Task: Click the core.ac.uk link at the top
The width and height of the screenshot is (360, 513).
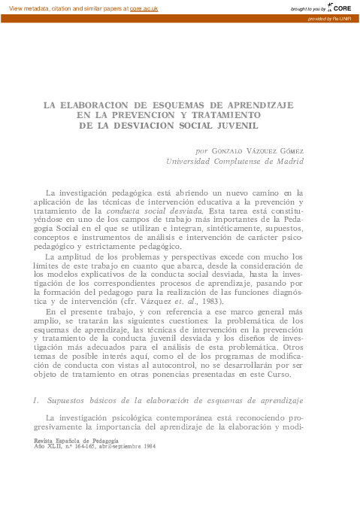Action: pos(144,8)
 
